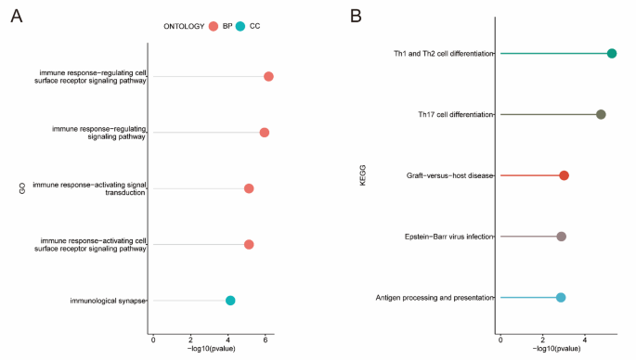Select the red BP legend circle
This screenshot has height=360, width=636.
pos(213,27)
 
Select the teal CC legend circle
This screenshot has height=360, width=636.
pos(240,27)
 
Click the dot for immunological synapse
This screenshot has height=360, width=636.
pos(230,301)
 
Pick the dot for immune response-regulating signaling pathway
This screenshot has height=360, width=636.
pos(265,133)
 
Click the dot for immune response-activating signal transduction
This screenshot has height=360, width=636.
pos(249,188)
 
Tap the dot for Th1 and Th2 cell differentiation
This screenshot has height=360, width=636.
pos(612,54)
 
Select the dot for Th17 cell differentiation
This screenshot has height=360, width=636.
pos(601,114)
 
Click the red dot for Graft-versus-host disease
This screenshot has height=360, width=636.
pos(564,175)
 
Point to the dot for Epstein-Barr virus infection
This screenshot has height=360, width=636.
pos(561,237)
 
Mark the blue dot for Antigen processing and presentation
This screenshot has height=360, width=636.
pos(561,298)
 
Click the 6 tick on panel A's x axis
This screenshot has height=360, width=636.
pos(266,341)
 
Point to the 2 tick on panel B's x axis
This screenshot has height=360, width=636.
pos(542,341)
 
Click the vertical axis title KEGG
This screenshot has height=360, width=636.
pos(364,175)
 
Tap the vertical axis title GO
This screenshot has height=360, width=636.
pos(20,188)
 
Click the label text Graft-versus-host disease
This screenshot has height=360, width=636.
pos(449,175)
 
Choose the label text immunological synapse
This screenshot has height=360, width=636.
pos(108,301)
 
